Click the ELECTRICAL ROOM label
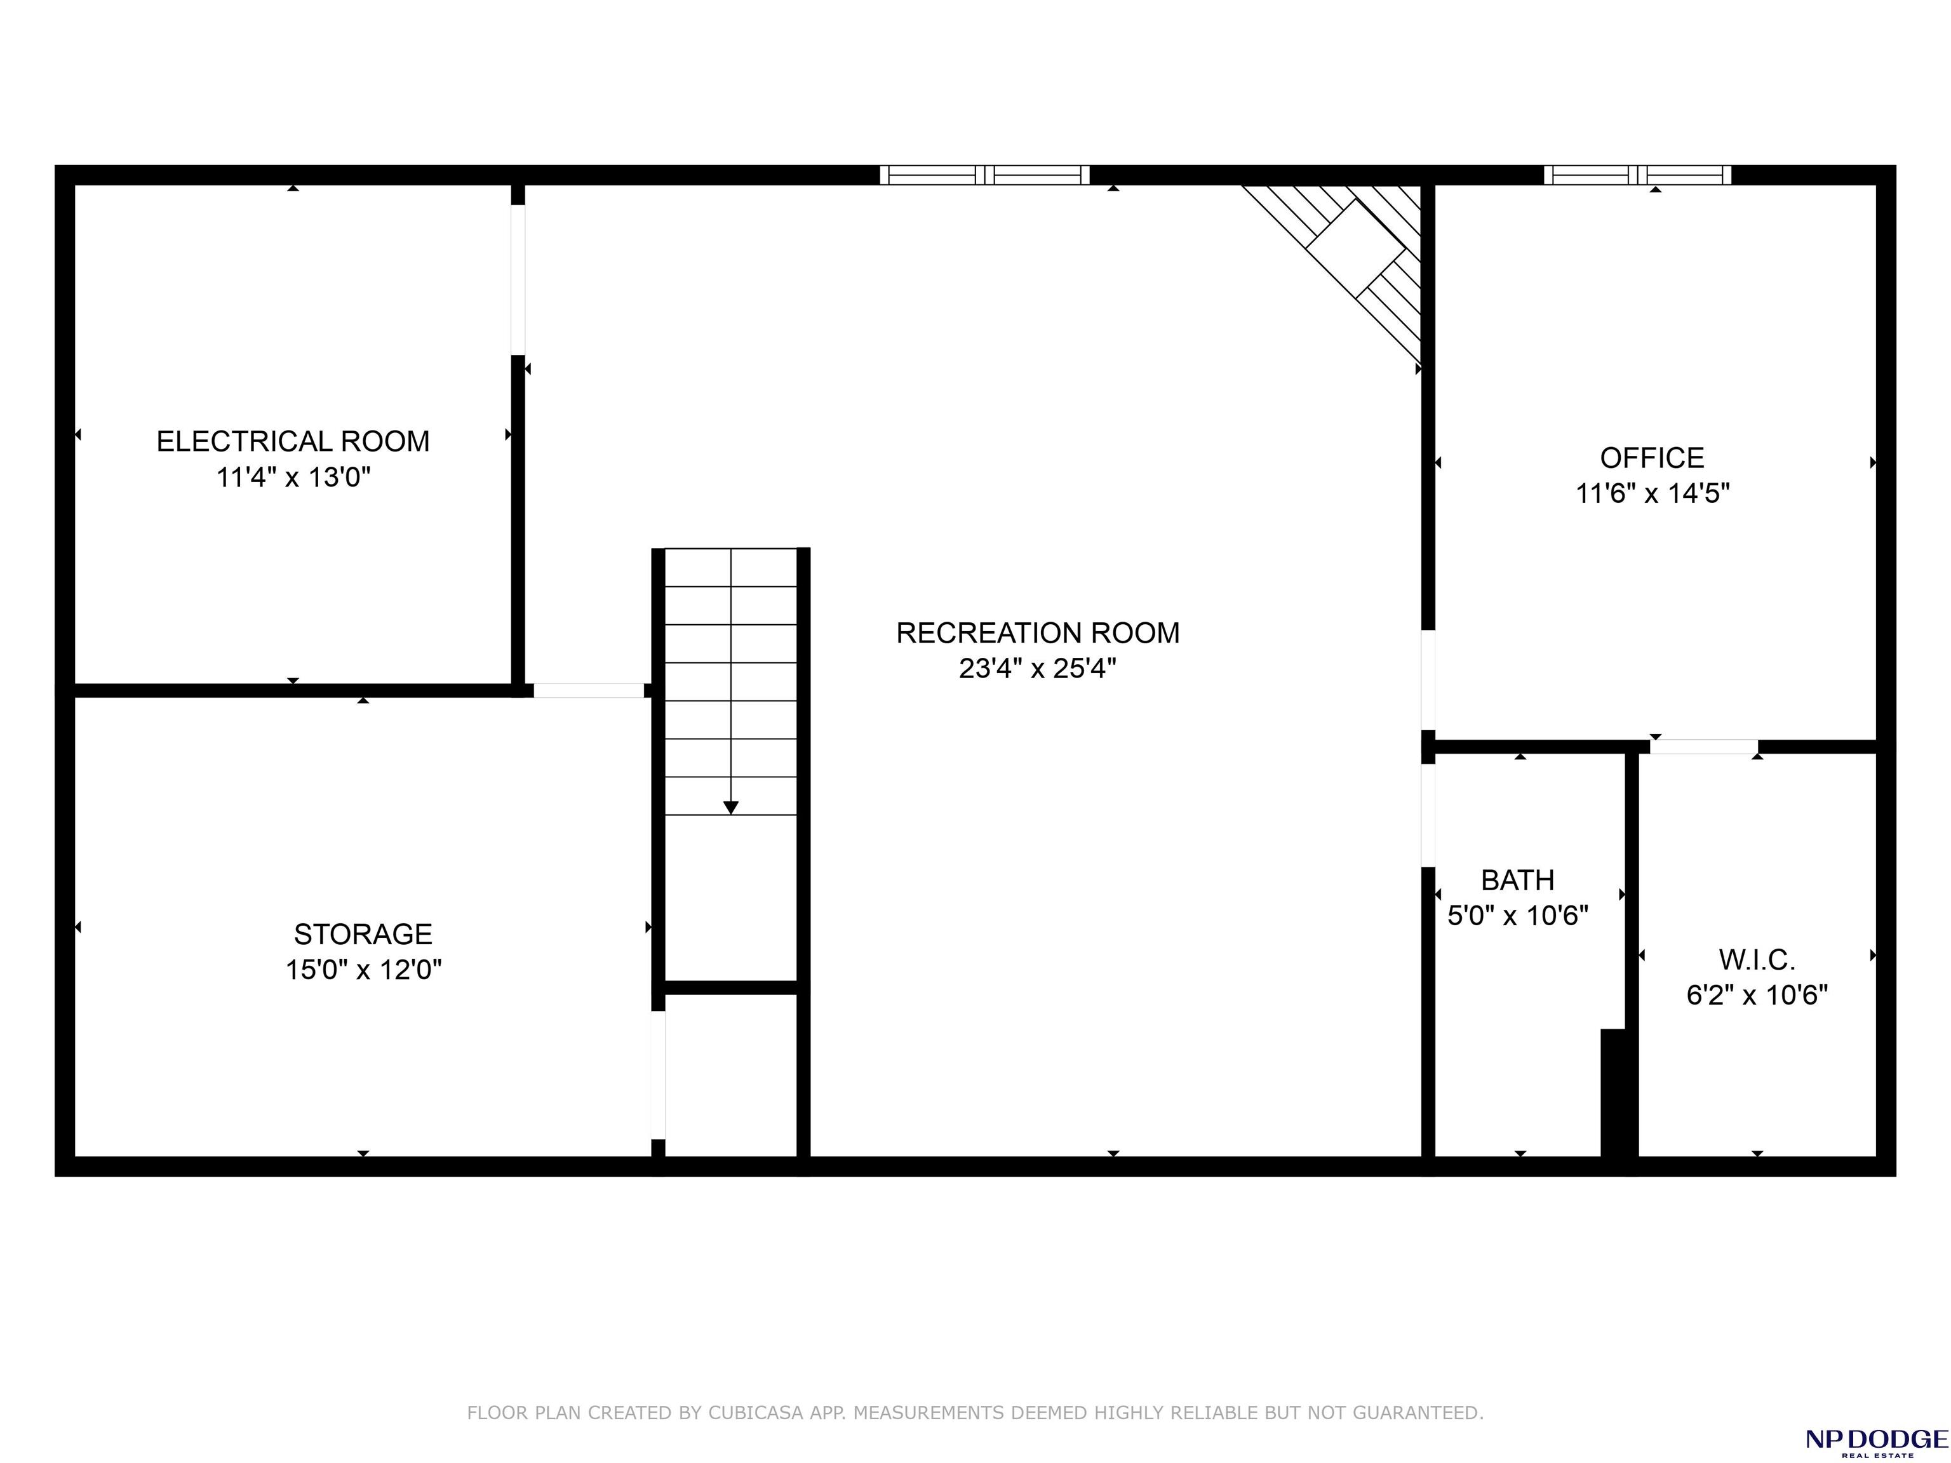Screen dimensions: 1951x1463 [x=293, y=441]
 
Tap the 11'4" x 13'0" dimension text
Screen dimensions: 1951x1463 [x=293, y=477]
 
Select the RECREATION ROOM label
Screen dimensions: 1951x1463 [x=1037, y=632]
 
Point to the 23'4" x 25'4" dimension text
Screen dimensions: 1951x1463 [x=1037, y=669]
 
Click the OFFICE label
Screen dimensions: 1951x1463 [x=1652, y=458]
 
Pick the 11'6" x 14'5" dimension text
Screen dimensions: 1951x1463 [x=1652, y=493]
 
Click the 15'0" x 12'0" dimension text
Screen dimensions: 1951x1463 [x=363, y=969]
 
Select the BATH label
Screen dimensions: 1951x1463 [x=1517, y=880]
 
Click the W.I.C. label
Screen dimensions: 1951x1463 [x=1756, y=959]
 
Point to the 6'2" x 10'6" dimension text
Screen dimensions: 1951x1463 [x=1756, y=995]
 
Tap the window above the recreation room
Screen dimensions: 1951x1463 [x=984, y=175]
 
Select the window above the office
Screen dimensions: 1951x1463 [x=1637, y=175]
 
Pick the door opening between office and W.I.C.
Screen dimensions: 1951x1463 [x=1703, y=747]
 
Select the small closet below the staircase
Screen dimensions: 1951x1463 [x=730, y=1075]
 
